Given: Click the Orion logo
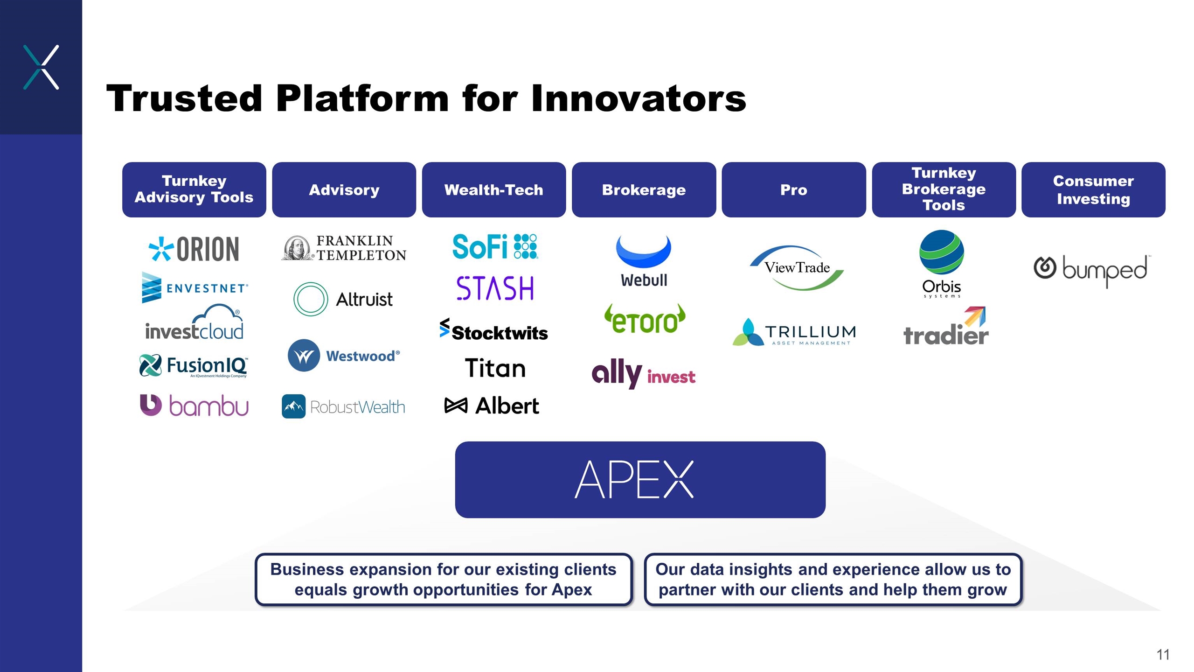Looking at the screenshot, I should pos(194,249).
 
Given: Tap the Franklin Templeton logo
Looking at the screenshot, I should pos(344,248).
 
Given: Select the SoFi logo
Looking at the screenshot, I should pos(494,246).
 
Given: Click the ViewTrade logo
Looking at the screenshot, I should pos(797,268).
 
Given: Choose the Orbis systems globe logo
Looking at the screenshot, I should pos(942,252).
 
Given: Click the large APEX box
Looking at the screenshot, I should pos(640,479).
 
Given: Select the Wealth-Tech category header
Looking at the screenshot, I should pos(494,190).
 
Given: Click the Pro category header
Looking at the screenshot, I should pos(793,190).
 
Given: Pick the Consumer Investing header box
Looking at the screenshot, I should pos(1093,190).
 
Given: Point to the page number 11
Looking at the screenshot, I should pos(1163,654).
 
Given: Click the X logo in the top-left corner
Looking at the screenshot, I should pos(41,67).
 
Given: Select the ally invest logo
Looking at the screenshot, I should pos(643,374).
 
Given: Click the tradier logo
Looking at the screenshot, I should pos(945,328).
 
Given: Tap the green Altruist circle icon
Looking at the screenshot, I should pos(311,299).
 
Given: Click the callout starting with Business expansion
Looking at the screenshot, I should pos(443,579).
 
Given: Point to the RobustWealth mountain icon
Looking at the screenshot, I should pos(293,406).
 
